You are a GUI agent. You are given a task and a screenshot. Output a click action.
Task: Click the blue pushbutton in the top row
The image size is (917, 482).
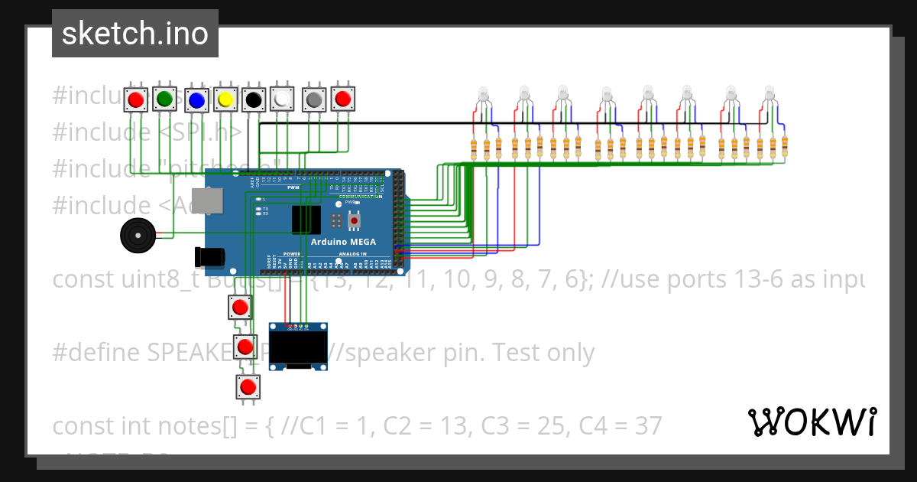pyautogui.click(x=196, y=99)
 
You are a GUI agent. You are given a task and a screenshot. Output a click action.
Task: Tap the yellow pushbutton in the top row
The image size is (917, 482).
pyautogui.click(x=225, y=99)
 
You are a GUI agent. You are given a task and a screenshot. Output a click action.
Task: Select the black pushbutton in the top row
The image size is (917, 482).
pyautogui.click(x=254, y=99)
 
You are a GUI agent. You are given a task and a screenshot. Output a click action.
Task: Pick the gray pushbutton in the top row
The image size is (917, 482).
pyautogui.click(x=313, y=99)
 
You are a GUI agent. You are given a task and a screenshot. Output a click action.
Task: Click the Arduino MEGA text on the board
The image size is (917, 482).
pyautogui.click(x=343, y=242)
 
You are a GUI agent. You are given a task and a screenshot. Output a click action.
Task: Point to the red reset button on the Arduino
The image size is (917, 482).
pyautogui.click(x=354, y=220)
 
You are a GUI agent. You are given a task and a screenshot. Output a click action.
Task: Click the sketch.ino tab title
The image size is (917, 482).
pyautogui.click(x=135, y=34)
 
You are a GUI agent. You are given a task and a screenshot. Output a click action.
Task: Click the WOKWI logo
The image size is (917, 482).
pyautogui.click(x=812, y=422)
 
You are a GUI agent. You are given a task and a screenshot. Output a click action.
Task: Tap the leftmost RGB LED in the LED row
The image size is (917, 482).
pyautogui.click(x=483, y=96)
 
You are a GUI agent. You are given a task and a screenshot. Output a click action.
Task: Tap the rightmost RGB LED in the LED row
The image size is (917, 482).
pyautogui.click(x=770, y=96)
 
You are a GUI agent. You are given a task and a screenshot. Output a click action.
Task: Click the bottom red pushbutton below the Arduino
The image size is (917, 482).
pyautogui.click(x=248, y=387)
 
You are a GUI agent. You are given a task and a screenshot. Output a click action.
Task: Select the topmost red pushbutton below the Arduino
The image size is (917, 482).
pyautogui.click(x=240, y=308)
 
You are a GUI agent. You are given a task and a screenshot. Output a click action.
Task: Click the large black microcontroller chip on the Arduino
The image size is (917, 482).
pyautogui.click(x=306, y=220)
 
